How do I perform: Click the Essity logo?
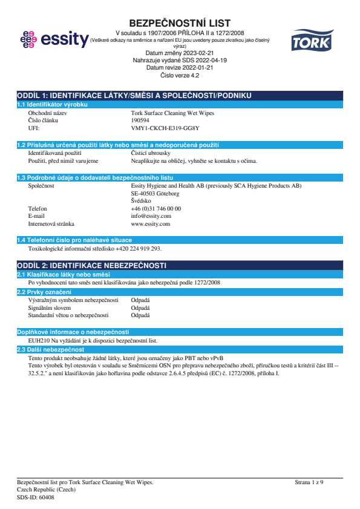point(53,40)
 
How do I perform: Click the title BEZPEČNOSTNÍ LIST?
point(180,24)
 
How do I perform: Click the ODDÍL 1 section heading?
point(134,96)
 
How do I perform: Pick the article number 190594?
point(141,120)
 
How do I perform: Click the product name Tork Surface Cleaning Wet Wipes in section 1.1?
point(172,113)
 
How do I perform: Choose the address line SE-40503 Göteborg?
point(155,193)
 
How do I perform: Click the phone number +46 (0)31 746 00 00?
point(155,208)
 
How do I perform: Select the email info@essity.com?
point(151,215)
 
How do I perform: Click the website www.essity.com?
point(151,223)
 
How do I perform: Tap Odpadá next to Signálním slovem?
point(140,307)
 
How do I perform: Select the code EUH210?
point(39,341)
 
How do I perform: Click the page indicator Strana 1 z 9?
point(309,482)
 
